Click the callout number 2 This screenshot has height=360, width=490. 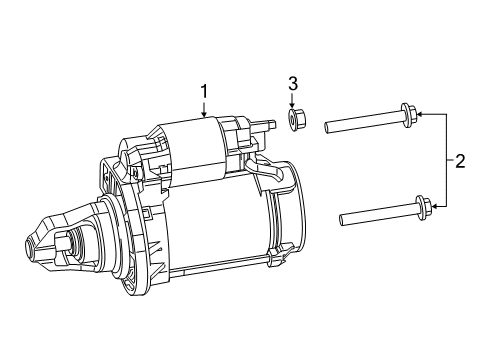(x=459, y=161)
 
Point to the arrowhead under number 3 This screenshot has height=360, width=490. (x=293, y=106)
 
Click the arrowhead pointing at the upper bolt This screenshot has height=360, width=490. (x=422, y=116)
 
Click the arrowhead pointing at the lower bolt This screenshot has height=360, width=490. (x=435, y=207)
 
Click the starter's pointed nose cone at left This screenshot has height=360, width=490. (x=45, y=240)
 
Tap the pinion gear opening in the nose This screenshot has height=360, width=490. (x=68, y=242)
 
